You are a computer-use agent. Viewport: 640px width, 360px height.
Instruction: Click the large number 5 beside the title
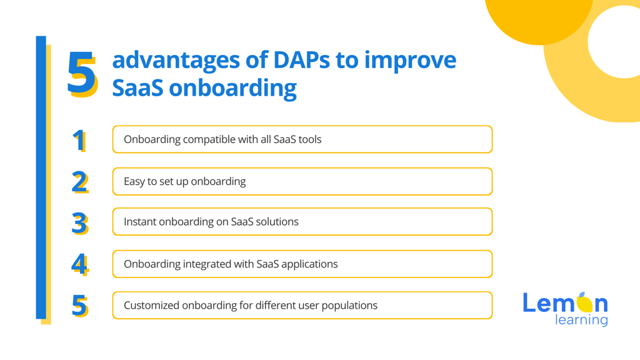pos(82,74)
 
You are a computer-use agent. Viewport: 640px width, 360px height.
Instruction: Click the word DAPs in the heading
pos(301,60)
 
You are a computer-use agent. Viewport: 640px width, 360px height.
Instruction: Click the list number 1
pos(79,141)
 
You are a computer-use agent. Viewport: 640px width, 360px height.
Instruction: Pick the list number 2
pos(79,182)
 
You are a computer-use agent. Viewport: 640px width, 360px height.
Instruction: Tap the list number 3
pos(79,224)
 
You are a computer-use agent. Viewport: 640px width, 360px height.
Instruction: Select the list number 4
pos(79,265)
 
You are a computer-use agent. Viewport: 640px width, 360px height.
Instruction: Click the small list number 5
pos(79,306)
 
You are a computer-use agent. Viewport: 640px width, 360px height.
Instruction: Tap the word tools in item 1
pos(310,139)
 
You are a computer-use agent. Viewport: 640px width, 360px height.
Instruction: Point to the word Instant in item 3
pos(140,222)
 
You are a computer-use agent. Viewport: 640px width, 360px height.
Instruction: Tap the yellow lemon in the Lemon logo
pos(584,302)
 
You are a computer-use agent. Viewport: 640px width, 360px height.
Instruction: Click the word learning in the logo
pos(581,320)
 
